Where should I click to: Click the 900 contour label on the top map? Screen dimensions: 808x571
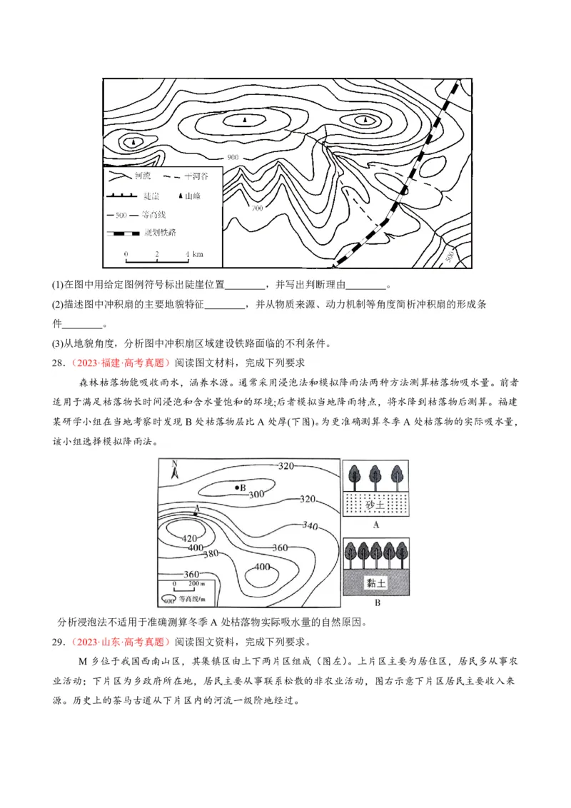pos(233,156)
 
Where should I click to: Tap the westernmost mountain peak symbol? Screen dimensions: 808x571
pos(132,141)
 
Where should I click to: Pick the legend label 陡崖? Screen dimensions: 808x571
pos(151,195)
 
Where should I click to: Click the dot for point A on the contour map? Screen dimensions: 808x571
pos(196,514)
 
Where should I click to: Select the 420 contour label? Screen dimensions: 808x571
pos(190,538)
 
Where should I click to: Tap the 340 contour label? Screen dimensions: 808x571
pos(309,525)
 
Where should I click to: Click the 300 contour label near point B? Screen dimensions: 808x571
pos(256,494)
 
